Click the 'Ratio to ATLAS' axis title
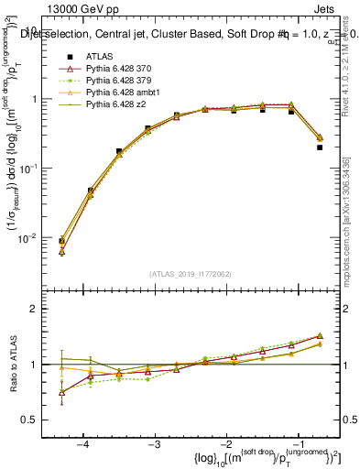point(15,365)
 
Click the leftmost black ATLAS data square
point(61,242)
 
